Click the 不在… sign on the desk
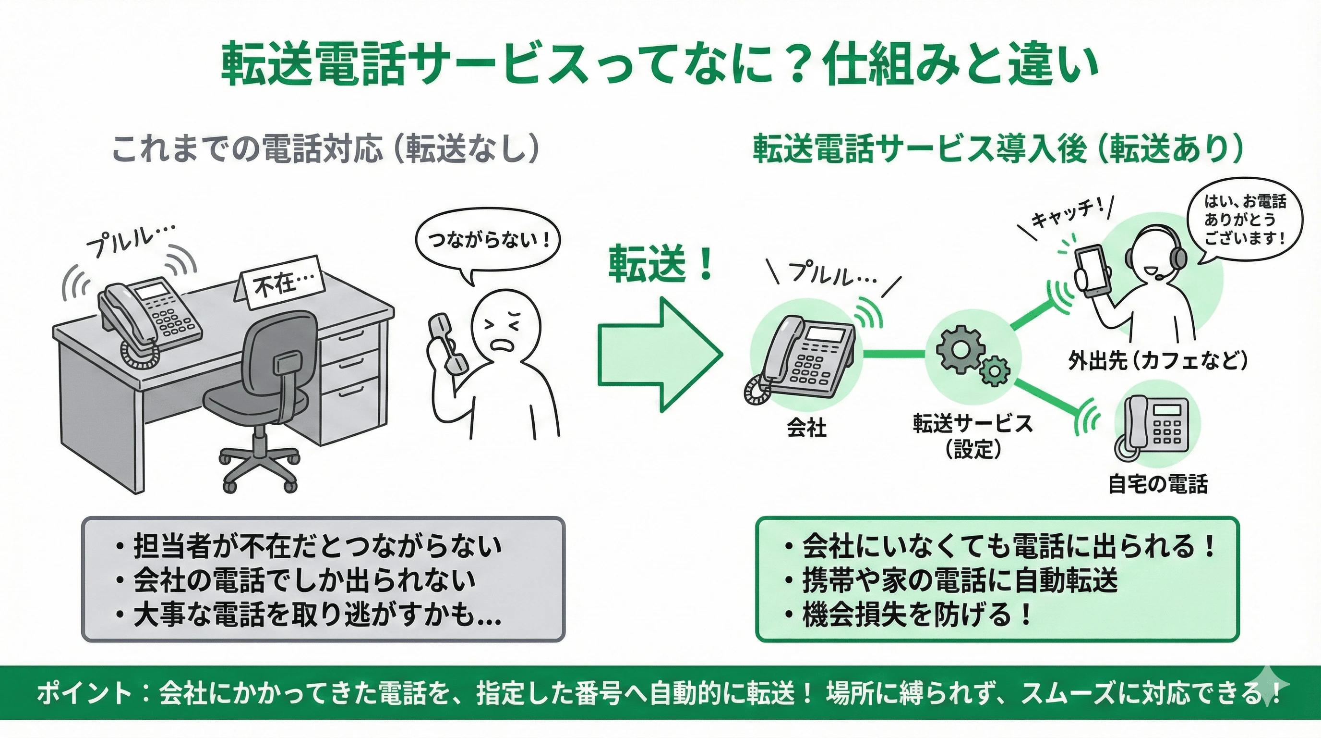(x=283, y=283)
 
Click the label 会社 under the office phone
(x=806, y=427)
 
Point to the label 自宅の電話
(x=1157, y=484)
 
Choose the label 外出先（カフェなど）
(x=1157, y=360)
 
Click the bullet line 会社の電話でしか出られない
(x=305, y=580)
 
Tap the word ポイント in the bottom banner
(x=84, y=693)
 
